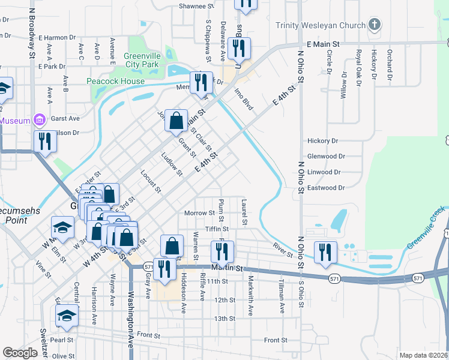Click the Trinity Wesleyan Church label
pyautogui.click(x=321, y=25)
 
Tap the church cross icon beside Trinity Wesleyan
pyautogui.click(x=375, y=25)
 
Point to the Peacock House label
pyautogui.click(x=116, y=82)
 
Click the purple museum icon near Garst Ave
pyautogui.click(x=40, y=120)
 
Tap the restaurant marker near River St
pyautogui.click(x=325, y=252)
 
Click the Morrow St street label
pyautogui.click(x=199, y=213)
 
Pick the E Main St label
pyautogui.click(x=323, y=44)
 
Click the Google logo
pyautogui.click(x=20, y=353)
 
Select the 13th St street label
pyautogui.click(x=224, y=319)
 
